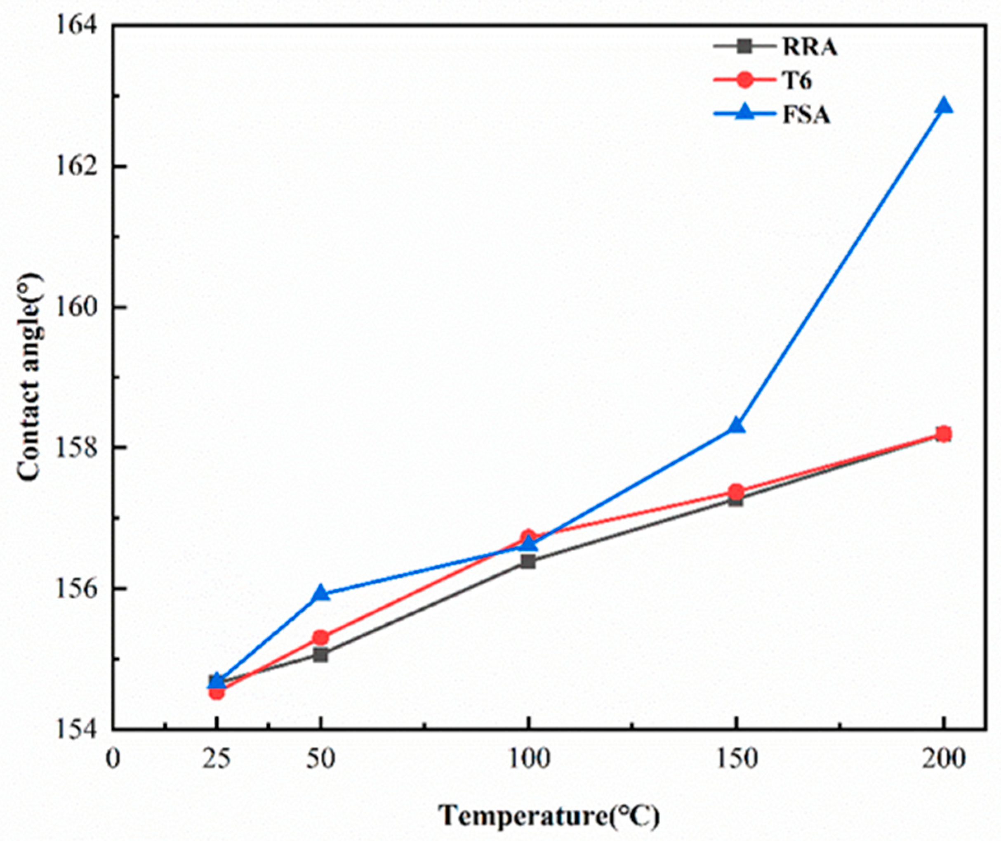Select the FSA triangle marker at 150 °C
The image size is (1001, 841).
(x=737, y=425)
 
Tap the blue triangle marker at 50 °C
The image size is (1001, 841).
(x=321, y=593)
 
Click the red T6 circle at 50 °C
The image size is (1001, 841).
(x=321, y=637)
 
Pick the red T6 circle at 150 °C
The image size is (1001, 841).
(x=737, y=491)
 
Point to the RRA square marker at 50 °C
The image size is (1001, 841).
(x=321, y=655)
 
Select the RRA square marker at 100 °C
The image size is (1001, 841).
(x=528, y=562)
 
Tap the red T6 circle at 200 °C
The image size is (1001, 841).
(x=943, y=434)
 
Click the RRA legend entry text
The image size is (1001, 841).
(x=809, y=48)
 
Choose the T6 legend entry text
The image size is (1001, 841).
(x=797, y=81)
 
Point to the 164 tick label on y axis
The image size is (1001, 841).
(x=77, y=25)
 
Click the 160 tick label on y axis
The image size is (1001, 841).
(x=77, y=306)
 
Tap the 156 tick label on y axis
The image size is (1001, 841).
(x=77, y=588)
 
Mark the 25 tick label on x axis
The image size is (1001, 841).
(x=217, y=758)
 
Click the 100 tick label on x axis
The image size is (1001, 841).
(x=528, y=758)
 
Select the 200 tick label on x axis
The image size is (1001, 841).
(x=943, y=758)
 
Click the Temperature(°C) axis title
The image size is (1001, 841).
(x=549, y=816)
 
